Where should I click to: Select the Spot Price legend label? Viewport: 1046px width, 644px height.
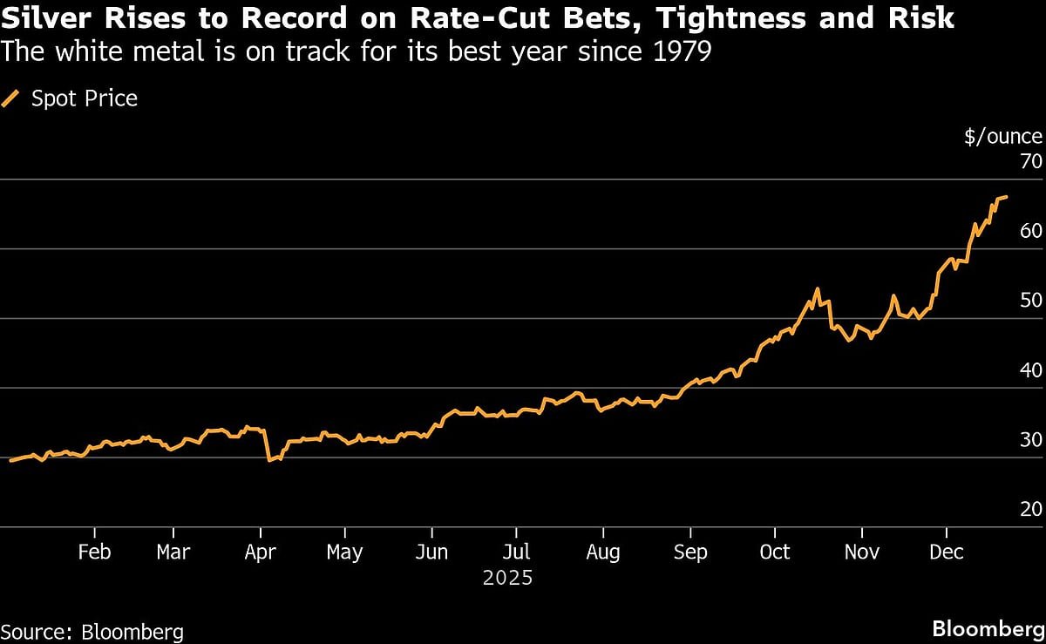[x=85, y=98]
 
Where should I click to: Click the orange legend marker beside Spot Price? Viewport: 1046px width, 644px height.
[x=12, y=98]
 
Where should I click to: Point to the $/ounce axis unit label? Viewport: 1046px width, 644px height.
[x=1002, y=136]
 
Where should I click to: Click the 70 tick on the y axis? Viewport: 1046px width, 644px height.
[x=1030, y=161]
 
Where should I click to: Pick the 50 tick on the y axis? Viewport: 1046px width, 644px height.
[x=1030, y=301]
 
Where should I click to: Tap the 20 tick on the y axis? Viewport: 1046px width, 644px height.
[x=1030, y=510]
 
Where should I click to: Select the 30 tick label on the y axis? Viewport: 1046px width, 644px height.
[x=1030, y=440]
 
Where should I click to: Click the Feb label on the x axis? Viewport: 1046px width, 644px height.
[x=93, y=552]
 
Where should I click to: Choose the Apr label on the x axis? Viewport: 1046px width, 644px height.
[x=260, y=552]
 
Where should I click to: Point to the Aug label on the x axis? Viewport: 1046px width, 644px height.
[x=602, y=552]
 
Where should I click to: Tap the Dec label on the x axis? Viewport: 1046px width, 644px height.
[x=946, y=552]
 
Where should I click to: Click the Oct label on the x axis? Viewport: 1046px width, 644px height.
[x=774, y=552]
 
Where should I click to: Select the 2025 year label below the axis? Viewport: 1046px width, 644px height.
[x=508, y=578]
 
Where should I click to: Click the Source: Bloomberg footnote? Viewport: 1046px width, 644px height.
[x=92, y=632]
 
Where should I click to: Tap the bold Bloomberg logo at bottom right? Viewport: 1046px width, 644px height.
[x=987, y=629]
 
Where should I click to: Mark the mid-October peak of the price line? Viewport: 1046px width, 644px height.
[x=817, y=289]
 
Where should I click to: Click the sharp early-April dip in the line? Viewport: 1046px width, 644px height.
[x=269, y=459]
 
